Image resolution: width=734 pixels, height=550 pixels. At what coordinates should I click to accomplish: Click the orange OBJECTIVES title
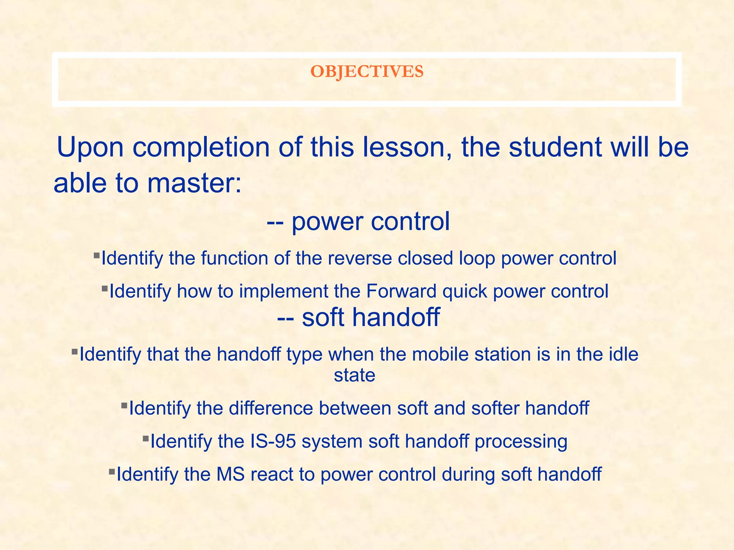367,72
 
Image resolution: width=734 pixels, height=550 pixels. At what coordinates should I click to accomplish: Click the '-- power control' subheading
358,221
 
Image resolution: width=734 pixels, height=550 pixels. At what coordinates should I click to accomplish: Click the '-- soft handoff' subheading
358,317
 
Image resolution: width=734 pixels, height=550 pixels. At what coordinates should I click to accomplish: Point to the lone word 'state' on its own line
354,375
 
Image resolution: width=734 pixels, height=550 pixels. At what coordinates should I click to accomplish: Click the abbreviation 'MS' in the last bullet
230,474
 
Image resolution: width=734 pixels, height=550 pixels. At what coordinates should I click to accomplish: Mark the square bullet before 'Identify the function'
96,256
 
